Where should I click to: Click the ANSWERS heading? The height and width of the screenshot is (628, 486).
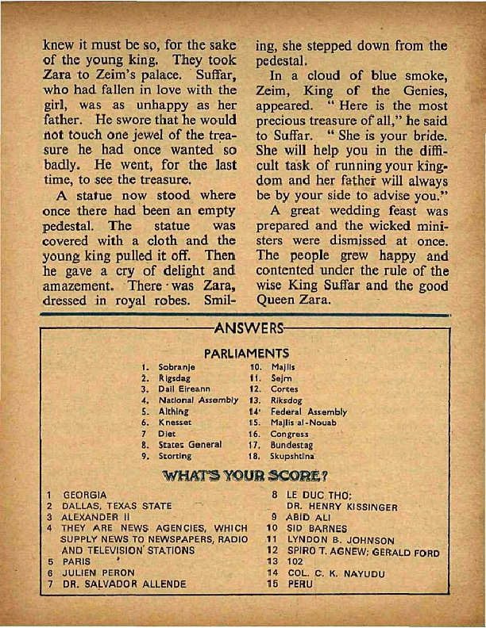[x=246, y=327]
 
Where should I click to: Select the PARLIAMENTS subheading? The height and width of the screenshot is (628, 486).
[x=246, y=354]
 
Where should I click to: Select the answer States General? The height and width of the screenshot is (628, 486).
[x=190, y=446]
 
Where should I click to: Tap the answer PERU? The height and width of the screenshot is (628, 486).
[x=300, y=583]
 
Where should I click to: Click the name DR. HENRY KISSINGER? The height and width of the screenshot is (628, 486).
[x=341, y=506]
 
